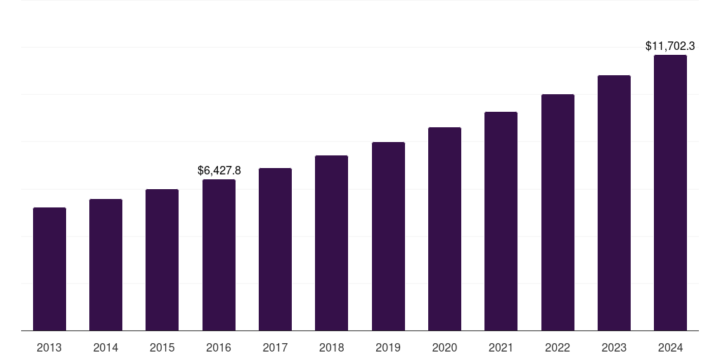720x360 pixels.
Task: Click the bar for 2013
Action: pyautogui.click(x=49, y=269)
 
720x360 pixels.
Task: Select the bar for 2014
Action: pyautogui.click(x=105, y=265)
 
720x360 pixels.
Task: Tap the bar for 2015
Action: pyautogui.click(x=162, y=260)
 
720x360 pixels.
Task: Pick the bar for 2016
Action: pyautogui.click(x=219, y=255)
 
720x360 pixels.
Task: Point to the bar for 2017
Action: pyautogui.click(x=275, y=250)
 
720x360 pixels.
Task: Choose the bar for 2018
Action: pyautogui.click(x=331, y=243)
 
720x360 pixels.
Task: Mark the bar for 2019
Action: pyautogui.click(x=388, y=236)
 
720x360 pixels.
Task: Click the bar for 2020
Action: pyautogui.click(x=444, y=229)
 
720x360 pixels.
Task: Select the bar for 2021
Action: pyautogui.click(x=501, y=221)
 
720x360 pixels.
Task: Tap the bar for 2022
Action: pyautogui.click(x=558, y=212)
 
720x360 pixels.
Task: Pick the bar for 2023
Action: pyautogui.click(x=614, y=203)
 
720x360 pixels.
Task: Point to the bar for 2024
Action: pyautogui.click(x=670, y=193)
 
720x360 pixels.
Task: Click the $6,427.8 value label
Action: pyautogui.click(x=219, y=170)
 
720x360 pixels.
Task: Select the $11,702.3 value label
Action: pyautogui.click(x=670, y=46)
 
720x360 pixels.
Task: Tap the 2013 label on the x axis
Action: pyautogui.click(x=49, y=347)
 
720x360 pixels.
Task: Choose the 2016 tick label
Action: pyautogui.click(x=219, y=347)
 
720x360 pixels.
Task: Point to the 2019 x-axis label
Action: pyautogui.click(x=388, y=347)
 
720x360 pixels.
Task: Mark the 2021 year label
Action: pyautogui.click(x=501, y=347)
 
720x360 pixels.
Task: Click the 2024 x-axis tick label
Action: pyautogui.click(x=670, y=347)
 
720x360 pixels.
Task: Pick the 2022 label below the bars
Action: pyautogui.click(x=558, y=347)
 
